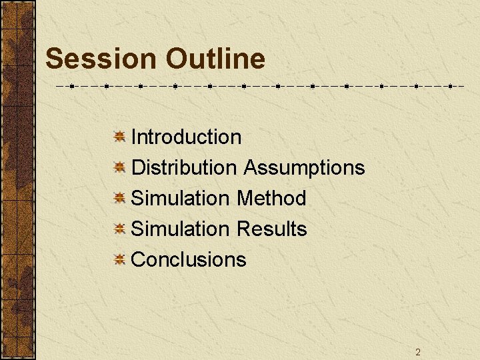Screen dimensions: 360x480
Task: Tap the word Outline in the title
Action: point(215,59)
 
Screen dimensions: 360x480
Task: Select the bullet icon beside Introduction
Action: point(119,137)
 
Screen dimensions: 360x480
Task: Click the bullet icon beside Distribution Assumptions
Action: point(119,168)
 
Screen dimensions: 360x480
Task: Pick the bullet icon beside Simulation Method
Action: point(119,199)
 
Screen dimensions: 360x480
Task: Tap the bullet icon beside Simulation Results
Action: point(119,229)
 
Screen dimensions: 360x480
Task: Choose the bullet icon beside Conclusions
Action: point(119,260)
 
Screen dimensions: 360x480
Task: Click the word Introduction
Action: point(187,137)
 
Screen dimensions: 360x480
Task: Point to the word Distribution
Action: point(184,168)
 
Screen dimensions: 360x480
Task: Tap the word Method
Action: point(271,199)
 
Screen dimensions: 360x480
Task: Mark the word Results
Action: point(272,229)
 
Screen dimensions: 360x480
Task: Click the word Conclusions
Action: point(189,260)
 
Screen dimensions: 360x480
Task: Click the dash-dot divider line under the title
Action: point(260,86)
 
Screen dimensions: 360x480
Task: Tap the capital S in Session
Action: point(54,59)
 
